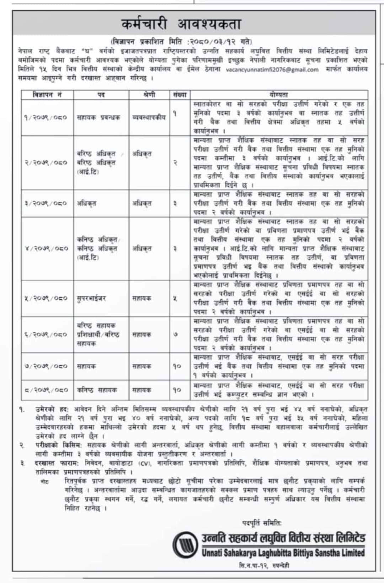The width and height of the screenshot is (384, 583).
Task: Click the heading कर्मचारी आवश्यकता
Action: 181,24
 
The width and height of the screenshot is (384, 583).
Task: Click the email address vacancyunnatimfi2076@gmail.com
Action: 272,70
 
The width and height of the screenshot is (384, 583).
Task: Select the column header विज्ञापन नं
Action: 47,95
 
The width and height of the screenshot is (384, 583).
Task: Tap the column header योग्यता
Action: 279,95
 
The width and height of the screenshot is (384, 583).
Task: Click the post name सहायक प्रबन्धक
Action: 98,118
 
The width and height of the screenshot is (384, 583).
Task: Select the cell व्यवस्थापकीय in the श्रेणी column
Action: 149,118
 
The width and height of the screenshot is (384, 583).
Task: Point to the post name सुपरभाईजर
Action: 91,298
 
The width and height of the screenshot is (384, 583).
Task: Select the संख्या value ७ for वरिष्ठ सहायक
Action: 175,334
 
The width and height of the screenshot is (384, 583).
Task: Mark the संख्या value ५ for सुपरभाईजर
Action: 175,298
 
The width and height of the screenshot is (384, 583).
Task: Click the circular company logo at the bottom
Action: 185,545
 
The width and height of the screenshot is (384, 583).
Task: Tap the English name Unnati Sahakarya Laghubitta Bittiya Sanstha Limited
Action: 283,553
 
